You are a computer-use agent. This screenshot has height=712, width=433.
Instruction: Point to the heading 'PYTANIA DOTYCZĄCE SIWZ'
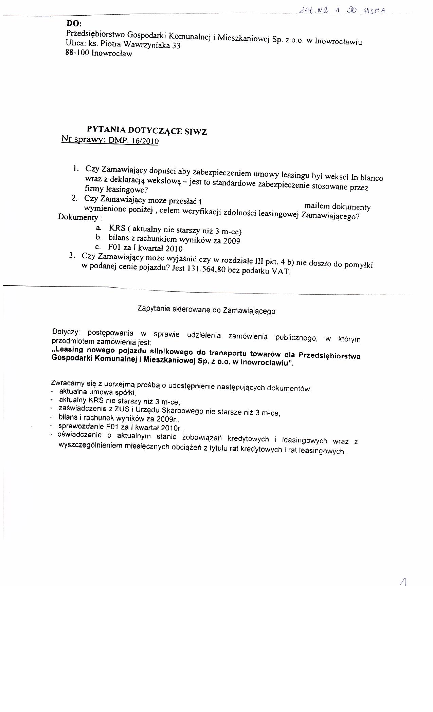[x=147, y=130]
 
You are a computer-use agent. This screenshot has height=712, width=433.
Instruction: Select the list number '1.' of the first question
[x=76, y=169]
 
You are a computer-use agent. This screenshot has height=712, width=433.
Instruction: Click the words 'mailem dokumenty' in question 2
[x=337, y=206]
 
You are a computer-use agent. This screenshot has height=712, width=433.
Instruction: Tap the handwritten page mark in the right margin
[x=403, y=582]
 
